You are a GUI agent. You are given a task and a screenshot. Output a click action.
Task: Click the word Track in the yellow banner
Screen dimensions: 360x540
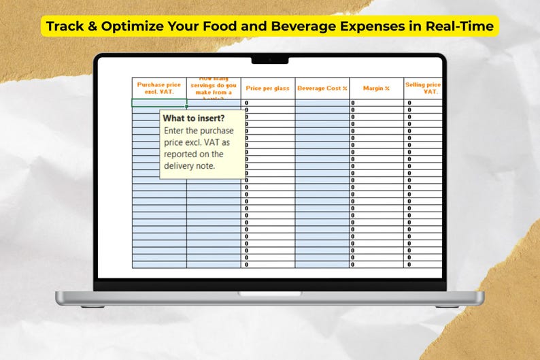[65, 27]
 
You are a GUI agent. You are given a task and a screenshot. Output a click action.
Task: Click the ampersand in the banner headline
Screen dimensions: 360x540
[93, 27]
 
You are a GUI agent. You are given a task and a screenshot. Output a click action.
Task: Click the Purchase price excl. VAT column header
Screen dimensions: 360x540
[159, 88]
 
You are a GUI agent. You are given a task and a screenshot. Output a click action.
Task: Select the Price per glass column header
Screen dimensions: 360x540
[267, 88]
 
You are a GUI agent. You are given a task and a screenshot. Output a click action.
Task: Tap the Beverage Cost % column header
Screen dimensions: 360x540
[322, 88]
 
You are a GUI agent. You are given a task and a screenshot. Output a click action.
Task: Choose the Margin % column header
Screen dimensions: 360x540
[376, 88]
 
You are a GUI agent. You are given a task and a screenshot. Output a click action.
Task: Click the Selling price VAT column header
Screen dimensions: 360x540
[423, 88]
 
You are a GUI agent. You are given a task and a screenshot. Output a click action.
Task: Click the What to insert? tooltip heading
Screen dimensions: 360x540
[194, 118]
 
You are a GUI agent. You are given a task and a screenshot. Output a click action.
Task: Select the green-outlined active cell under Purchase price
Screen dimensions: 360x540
[159, 103]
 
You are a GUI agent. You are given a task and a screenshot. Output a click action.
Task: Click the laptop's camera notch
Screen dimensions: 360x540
[269, 60]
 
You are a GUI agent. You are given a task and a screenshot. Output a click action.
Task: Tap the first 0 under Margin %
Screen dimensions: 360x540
[353, 103]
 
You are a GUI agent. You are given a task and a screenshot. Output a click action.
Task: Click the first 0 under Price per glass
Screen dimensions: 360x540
[246, 103]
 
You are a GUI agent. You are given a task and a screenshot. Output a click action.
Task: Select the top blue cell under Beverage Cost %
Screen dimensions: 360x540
[322, 103]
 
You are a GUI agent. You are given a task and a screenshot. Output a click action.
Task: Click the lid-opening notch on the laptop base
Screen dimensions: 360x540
[269, 293]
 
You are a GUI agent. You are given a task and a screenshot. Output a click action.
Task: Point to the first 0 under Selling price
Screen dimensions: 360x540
[409, 103]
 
